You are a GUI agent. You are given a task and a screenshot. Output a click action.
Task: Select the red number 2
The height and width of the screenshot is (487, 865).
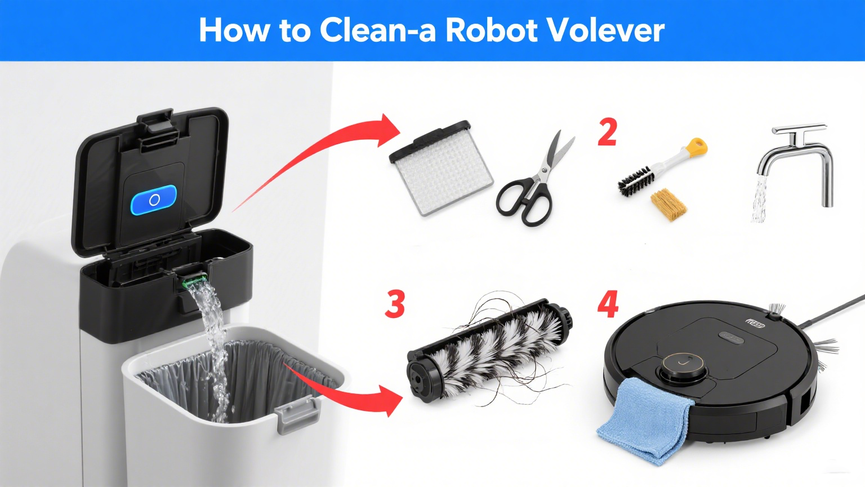click(607, 132)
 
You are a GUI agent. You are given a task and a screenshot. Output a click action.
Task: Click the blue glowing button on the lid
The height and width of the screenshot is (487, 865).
click(154, 200)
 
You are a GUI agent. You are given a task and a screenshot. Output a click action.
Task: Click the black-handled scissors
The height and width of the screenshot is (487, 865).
click(533, 181)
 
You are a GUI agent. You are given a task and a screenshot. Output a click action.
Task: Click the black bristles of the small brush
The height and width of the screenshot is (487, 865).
click(636, 181)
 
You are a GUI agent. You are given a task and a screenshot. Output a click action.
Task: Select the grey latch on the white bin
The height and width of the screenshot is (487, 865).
click(297, 414)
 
